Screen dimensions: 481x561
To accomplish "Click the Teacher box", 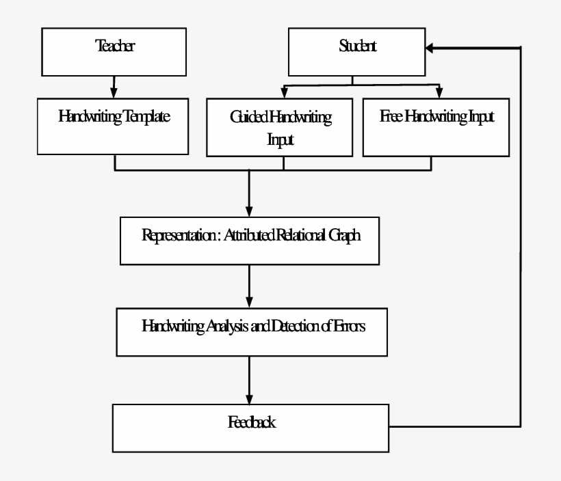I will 114,52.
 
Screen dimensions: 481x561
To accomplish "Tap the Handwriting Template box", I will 114,126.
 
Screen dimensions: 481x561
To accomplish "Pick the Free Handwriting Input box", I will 436,127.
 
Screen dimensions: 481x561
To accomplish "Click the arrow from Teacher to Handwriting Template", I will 114,86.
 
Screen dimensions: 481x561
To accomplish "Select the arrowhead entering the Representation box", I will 248,211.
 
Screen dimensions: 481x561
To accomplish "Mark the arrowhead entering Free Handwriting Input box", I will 439,93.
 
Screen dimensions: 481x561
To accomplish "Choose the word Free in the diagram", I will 391,117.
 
